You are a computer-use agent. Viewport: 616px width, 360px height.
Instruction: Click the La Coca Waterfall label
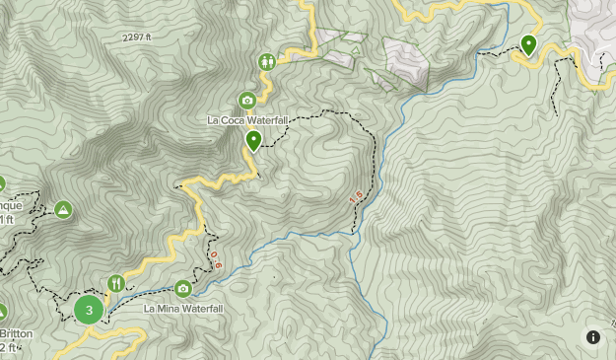pyautogui.click(x=247, y=120)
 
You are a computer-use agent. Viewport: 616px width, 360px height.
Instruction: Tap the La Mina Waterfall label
pyautogui.click(x=184, y=309)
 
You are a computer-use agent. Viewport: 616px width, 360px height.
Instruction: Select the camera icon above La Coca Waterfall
pyautogui.click(x=247, y=100)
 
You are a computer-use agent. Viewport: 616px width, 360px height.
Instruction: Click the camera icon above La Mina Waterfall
pyautogui.click(x=183, y=289)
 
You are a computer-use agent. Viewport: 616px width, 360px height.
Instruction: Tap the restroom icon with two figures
pyautogui.click(x=268, y=61)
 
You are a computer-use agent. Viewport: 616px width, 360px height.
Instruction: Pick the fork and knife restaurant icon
pyautogui.click(x=116, y=284)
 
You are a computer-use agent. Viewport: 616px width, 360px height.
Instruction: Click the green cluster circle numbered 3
pyautogui.click(x=89, y=310)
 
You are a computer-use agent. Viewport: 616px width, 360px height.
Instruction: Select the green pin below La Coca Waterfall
pyautogui.click(x=253, y=141)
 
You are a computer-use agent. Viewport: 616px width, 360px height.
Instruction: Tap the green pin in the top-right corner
pyautogui.click(x=529, y=44)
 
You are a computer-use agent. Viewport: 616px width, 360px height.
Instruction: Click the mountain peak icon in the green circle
pyautogui.click(x=63, y=209)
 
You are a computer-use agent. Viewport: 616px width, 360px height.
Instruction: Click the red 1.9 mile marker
pyautogui.click(x=356, y=199)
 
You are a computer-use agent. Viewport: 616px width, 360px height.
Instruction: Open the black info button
pyautogui.click(x=593, y=337)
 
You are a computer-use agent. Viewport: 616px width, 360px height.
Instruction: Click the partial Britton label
pyautogui.click(x=16, y=334)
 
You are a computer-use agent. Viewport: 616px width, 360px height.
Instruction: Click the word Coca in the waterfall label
pyautogui.click(x=233, y=120)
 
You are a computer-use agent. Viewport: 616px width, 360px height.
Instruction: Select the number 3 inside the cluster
pyautogui.click(x=89, y=310)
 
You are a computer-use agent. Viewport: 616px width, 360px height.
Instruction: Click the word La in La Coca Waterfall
pyautogui.click(x=212, y=120)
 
